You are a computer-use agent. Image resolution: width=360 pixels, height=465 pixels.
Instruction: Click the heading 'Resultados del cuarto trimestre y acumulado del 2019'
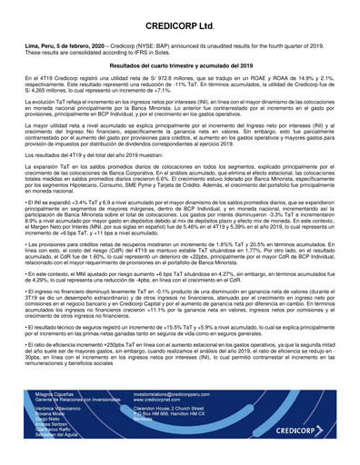pos(180,65)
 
